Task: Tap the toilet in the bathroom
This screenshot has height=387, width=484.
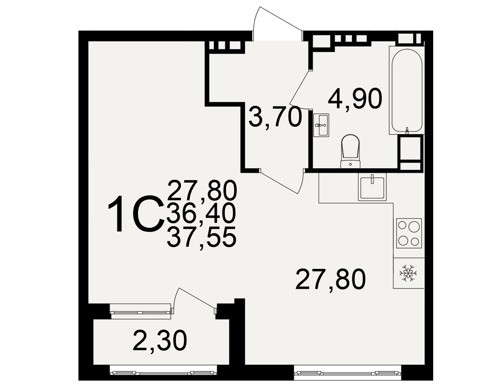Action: coord(350,151)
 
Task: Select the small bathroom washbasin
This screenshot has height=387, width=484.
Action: coord(321,125)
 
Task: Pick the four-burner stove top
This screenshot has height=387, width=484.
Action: coord(409,233)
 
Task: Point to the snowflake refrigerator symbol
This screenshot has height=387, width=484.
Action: coord(408,273)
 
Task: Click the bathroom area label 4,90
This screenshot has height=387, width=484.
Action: coord(355,99)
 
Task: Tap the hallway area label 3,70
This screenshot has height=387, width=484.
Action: coord(275,117)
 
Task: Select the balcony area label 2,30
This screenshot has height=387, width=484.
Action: coord(160,341)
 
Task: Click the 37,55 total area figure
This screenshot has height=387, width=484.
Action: coord(201,237)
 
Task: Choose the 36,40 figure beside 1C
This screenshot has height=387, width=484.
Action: coord(201,213)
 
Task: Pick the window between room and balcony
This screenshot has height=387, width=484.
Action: coord(141,311)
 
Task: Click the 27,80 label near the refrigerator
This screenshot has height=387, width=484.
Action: coord(330,279)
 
